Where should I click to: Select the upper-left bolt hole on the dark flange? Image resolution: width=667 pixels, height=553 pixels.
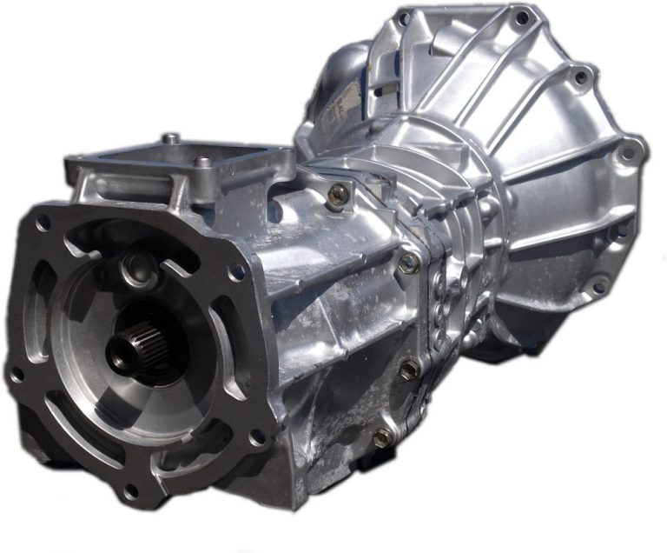(x=43, y=223)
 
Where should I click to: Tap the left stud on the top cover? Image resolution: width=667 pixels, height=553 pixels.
(x=171, y=139)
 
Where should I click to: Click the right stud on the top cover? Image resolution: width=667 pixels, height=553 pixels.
(x=202, y=163)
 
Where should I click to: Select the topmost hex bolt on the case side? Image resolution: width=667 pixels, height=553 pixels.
(x=337, y=193)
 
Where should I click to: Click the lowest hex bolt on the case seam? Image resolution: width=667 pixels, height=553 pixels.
(x=382, y=437)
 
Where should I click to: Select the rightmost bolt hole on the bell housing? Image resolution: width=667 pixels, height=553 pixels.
(x=625, y=154)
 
